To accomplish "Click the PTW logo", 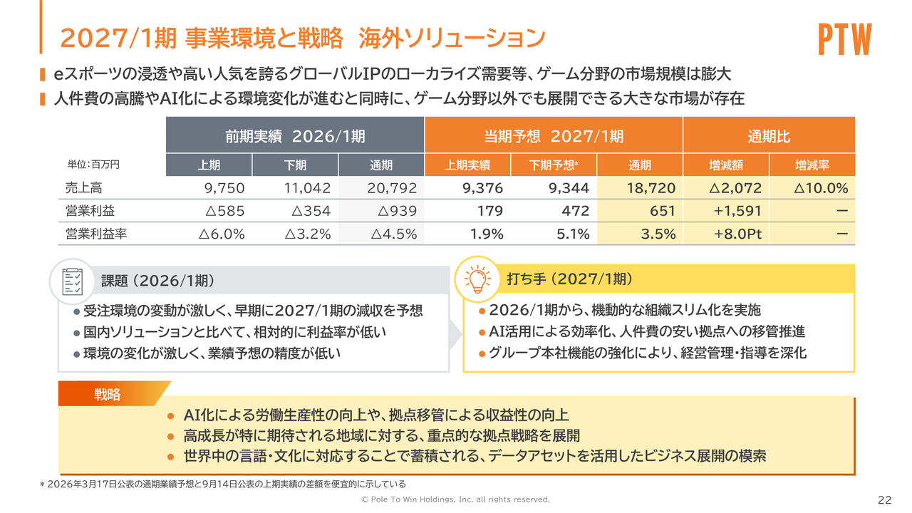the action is coord(845,38).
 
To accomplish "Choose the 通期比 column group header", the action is coord(769,136).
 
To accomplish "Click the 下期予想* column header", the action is coord(554,165).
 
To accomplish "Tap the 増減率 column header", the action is coord(812,165).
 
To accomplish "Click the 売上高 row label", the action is coord(84,188).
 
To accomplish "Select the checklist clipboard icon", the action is coord(73,281).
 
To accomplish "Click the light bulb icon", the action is coord(477,279).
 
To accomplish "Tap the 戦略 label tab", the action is coord(107,394).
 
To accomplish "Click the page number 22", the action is coord(884,500).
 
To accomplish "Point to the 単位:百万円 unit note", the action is coord(93,165).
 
